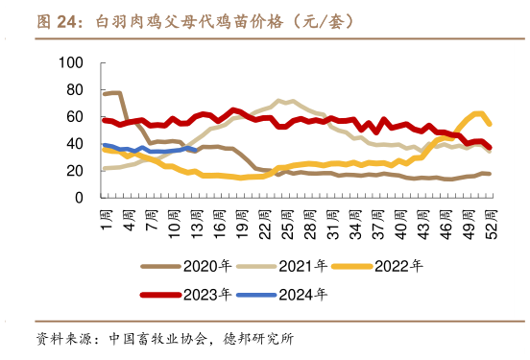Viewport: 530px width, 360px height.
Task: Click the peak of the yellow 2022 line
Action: [478, 113]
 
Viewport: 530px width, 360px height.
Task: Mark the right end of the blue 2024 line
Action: [195, 150]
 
